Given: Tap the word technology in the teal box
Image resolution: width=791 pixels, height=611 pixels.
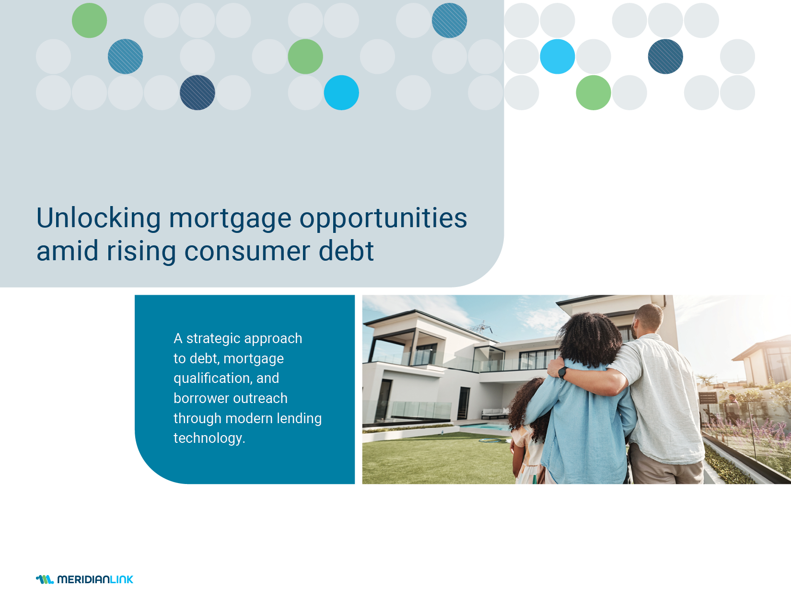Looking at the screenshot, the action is pyautogui.click(x=208, y=438).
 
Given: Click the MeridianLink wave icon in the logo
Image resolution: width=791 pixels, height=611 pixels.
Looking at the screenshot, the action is pyautogui.click(x=45, y=579).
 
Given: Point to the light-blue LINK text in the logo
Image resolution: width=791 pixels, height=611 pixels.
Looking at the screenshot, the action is pyautogui.click(x=122, y=579).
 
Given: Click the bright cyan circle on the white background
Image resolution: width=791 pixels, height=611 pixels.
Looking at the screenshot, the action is pyautogui.click(x=558, y=57).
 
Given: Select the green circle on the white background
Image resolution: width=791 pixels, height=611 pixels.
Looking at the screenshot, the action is pyautogui.click(x=593, y=92).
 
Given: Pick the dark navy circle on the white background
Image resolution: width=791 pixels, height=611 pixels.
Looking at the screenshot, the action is pyautogui.click(x=665, y=57).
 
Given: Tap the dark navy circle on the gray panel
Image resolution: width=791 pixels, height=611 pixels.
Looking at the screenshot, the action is pyautogui.click(x=198, y=92).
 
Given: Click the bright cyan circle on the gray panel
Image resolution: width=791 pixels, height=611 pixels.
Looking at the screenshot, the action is pyautogui.click(x=341, y=92).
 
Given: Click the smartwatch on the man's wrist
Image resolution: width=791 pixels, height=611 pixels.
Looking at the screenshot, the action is pyautogui.click(x=563, y=372).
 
